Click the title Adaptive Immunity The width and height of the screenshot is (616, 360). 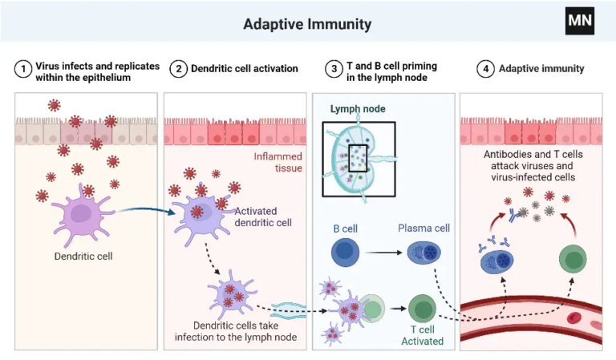click(307, 24)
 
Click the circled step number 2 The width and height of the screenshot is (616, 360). click(178, 69)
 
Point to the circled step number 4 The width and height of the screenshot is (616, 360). click(484, 69)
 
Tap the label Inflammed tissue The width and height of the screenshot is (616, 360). click(278, 163)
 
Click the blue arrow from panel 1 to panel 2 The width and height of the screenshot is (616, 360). click(144, 210)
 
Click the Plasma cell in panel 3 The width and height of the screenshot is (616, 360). click(423, 254)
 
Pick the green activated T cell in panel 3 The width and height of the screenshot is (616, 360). click(422, 309)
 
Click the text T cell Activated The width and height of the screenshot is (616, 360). click(422, 335)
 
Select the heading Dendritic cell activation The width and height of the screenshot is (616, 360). click(244, 69)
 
